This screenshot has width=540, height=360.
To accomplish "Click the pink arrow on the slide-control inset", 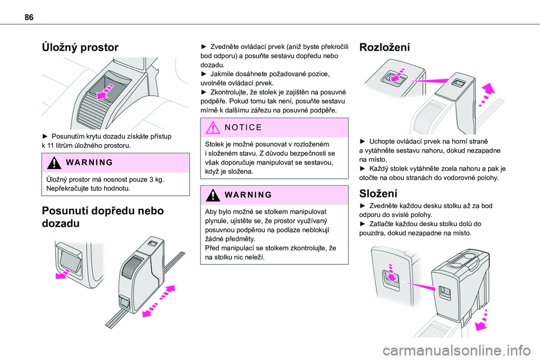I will click(64, 273).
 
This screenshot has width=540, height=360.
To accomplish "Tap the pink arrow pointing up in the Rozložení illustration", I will click(488, 90).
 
